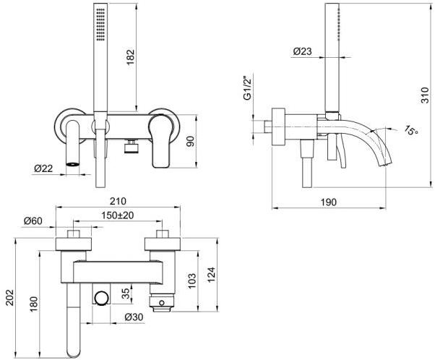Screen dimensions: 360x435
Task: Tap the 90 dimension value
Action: click(191, 141)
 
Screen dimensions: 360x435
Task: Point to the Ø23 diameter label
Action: click(303, 51)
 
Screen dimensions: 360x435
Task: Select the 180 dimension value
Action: click(33, 307)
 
